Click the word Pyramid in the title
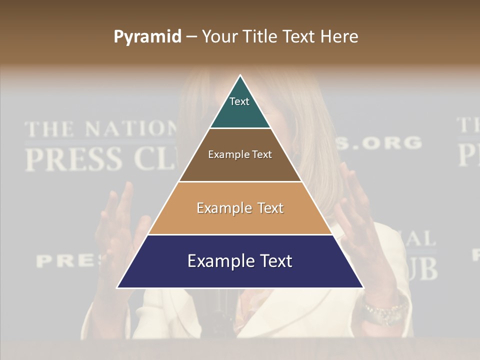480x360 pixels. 147,37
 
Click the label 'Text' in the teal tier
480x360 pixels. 239,101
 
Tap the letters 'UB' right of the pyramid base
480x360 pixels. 423,269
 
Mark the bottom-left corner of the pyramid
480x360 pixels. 117,287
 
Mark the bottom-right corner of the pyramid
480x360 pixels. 363,287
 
